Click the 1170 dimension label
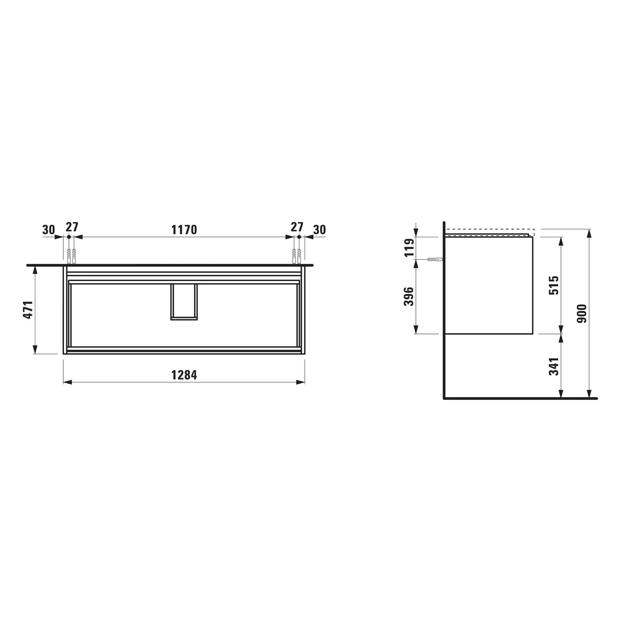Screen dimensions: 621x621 (x=184, y=229)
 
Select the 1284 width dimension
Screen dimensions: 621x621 (x=184, y=375)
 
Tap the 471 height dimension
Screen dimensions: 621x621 (x=28, y=310)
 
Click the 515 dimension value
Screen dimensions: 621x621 (x=554, y=285)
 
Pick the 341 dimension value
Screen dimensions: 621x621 (x=554, y=366)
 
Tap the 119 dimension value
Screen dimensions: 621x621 (x=409, y=248)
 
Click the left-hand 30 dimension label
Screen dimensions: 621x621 (x=48, y=229)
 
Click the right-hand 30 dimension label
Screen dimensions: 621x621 (x=320, y=229)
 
